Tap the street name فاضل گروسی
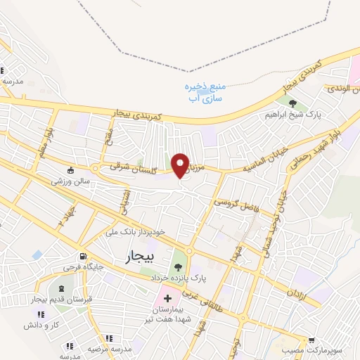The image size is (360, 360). [x=234, y=201]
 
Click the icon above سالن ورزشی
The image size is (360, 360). [x=70, y=169]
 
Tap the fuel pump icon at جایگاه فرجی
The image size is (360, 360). [x=84, y=256]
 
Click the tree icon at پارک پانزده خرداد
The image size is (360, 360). [x=177, y=266]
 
